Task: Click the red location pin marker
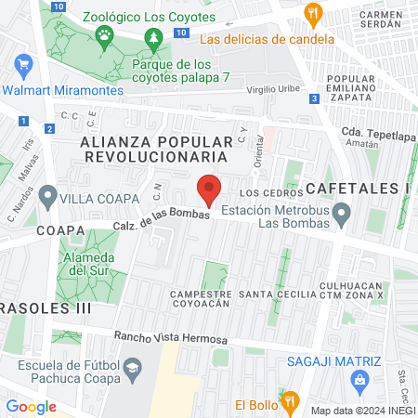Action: [210, 189]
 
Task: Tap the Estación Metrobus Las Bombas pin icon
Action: [342, 216]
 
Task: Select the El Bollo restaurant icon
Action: [290, 400]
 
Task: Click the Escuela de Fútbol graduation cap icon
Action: [133, 370]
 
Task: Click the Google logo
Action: [32, 406]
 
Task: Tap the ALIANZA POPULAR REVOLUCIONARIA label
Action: [156, 149]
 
